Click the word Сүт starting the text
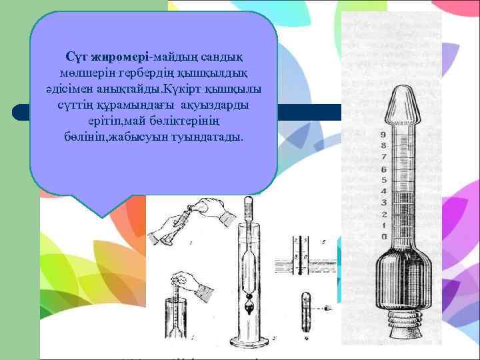(75, 54)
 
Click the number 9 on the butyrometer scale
(383, 135)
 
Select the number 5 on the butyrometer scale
(383, 180)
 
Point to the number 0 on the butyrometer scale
(383, 237)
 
